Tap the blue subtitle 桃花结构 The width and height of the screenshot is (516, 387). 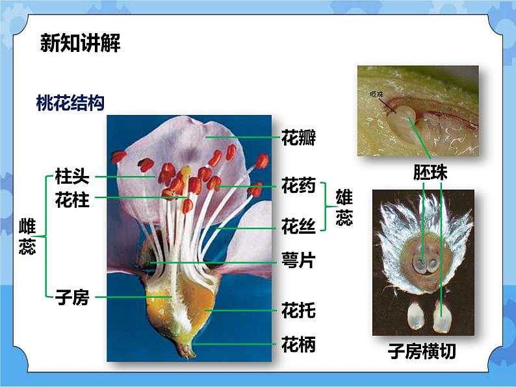70,103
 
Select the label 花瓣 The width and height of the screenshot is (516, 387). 298,138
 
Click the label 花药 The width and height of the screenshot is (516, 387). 298,186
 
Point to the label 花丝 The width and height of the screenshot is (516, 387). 298,227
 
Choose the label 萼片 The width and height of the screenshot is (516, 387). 298,261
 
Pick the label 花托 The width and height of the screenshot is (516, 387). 298,310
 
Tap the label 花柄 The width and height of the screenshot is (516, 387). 298,344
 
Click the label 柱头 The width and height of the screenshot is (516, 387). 72,177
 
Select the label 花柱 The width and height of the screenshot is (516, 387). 72,200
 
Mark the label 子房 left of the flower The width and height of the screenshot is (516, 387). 72,298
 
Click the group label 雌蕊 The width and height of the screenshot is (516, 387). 27,236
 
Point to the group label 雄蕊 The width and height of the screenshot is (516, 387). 344,207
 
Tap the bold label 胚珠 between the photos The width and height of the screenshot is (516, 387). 430,172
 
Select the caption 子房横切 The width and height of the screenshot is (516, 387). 422,351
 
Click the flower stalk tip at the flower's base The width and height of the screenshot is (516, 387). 188,354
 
